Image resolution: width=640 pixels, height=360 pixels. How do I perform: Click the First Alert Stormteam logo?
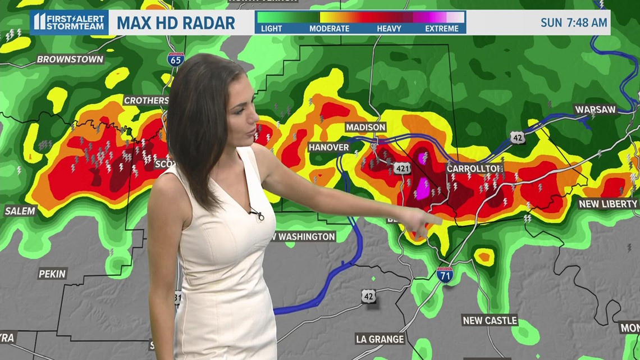pos(69,22)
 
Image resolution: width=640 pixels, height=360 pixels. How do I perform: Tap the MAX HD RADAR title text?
pos(176,23)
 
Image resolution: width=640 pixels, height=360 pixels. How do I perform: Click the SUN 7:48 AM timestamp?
pos(573,23)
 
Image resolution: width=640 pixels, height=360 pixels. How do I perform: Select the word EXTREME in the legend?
pos(442,29)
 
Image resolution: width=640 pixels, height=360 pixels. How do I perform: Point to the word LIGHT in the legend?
pos(272,29)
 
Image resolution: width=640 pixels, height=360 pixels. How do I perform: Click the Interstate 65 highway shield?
pos(176,59)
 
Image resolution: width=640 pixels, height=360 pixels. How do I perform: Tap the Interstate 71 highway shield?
pos(445,275)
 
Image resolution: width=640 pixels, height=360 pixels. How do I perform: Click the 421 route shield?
pos(403,168)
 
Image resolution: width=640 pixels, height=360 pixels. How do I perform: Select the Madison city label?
pos(365,127)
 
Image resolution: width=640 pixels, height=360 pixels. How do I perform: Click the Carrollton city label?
pos(467,168)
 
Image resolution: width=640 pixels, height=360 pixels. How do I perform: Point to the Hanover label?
pos(329,147)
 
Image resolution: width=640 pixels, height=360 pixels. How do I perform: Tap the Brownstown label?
pos(70,59)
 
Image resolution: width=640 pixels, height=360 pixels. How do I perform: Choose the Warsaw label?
pos(595,110)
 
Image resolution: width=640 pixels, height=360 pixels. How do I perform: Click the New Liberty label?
pos(608,204)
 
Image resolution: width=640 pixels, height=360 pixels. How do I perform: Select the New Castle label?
pos(490,320)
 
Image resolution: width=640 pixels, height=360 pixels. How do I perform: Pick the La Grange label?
pos(380,339)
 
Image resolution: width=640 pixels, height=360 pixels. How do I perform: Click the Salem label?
pos(20,211)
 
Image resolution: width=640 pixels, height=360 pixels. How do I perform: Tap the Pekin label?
pos(52,274)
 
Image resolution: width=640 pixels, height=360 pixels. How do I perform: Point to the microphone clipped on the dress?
pos(257,214)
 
